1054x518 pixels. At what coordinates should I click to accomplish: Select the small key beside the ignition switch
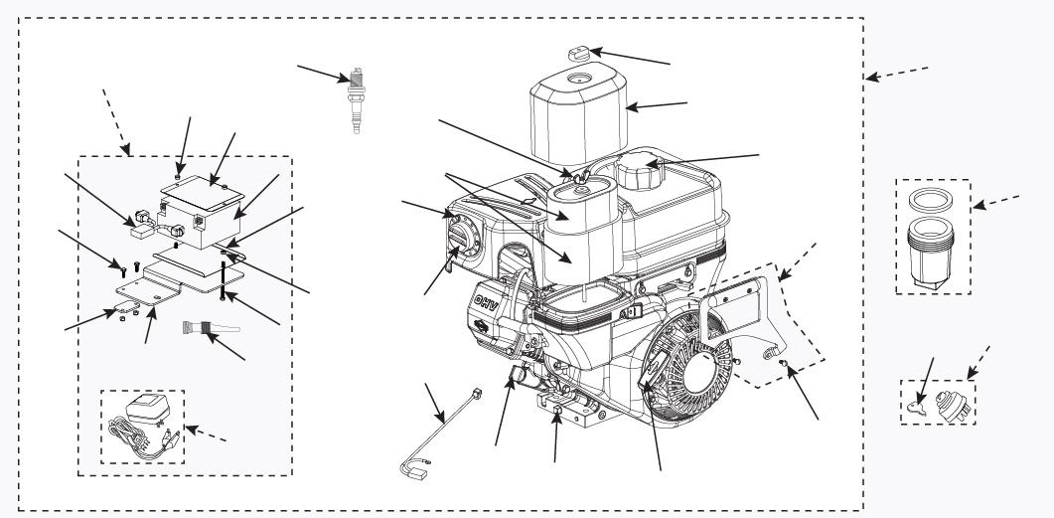[920, 407]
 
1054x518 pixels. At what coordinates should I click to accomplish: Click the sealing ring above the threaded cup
[931, 202]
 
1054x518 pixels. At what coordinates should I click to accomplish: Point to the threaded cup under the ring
[931, 253]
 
